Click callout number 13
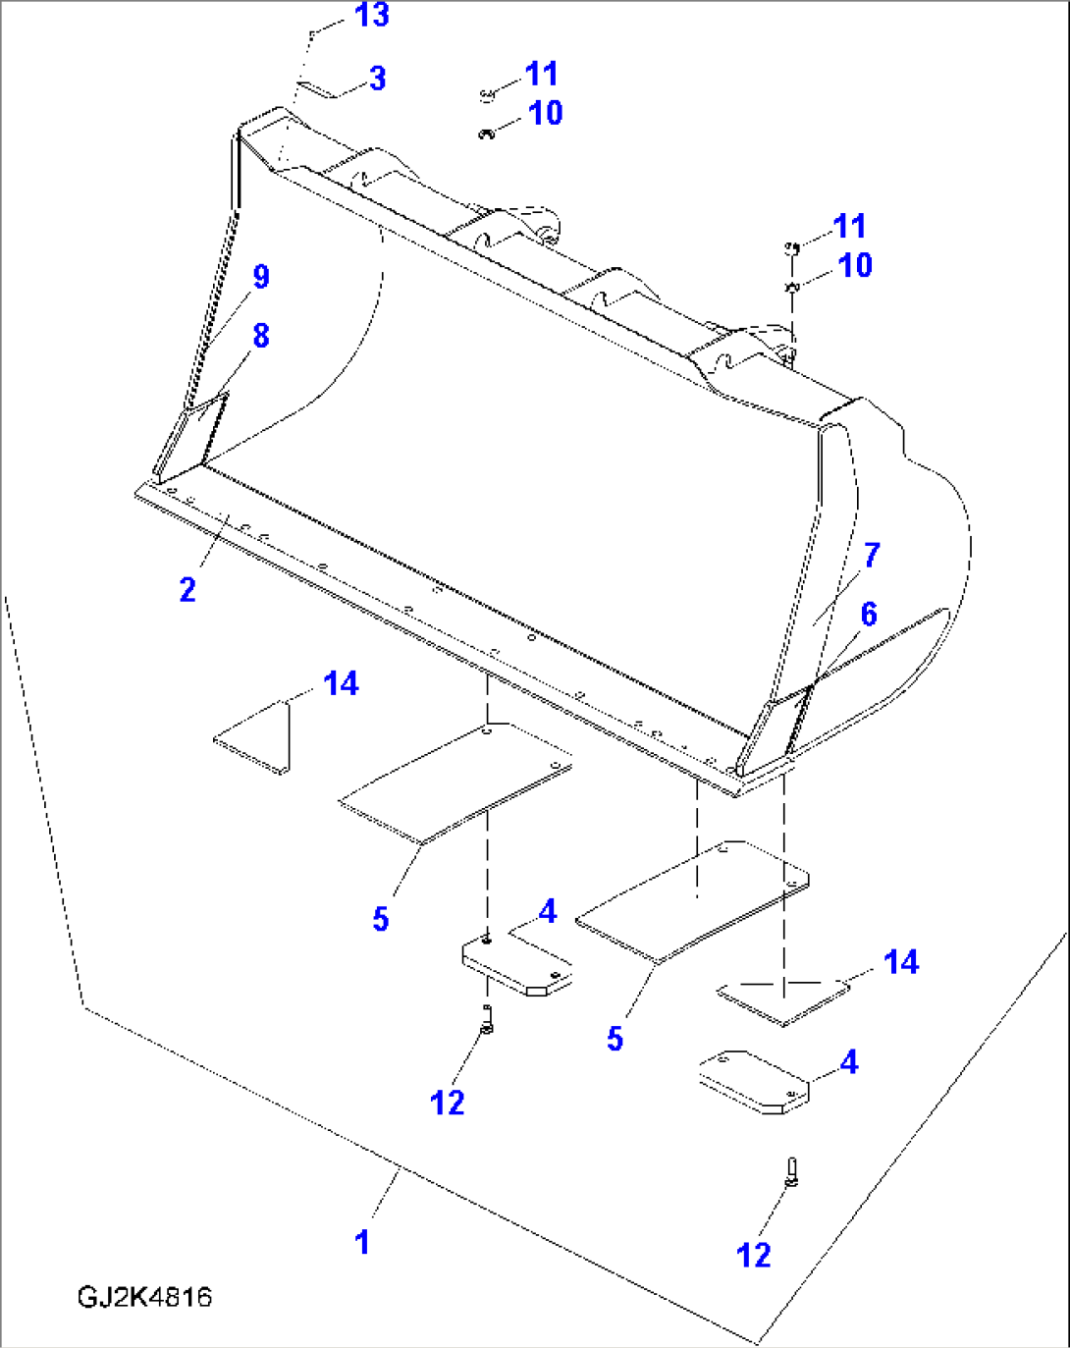click(x=371, y=16)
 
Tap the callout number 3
click(x=378, y=79)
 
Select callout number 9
click(x=260, y=277)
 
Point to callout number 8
click(x=260, y=336)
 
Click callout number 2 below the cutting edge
click(x=187, y=590)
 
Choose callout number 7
click(x=872, y=555)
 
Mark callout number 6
click(x=869, y=615)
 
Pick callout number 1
click(x=362, y=1242)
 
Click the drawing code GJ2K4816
click(x=144, y=1297)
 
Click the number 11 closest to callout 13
click(x=541, y=74)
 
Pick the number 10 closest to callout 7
click(x=854, y=265)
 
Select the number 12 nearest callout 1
click(x=447, y=1103)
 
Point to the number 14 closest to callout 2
click(x=341, y=683)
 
